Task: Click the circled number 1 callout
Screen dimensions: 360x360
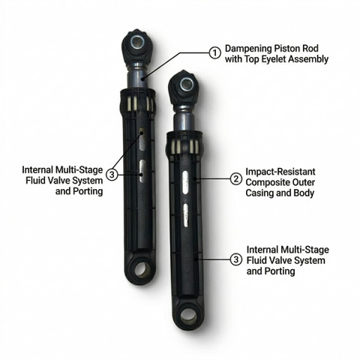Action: (214, 53)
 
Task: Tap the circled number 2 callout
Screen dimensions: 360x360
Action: (236, 179)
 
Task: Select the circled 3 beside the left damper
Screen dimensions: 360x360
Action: (112, 175)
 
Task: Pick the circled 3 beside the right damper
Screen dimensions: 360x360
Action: (236, 259)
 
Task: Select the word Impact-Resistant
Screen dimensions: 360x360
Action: (280, 172)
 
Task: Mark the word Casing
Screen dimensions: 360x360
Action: (258, 193)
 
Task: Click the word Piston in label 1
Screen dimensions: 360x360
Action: (287, 49)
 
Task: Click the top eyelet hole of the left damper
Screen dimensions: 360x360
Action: (136, 40)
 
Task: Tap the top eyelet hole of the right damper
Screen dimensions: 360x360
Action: (186, 83)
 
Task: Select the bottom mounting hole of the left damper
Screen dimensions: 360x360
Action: (141, 270)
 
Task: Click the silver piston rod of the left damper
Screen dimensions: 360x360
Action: (136, 76)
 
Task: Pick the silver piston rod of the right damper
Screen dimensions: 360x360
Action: (185, 119)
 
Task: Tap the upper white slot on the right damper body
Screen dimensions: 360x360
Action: (185, 182)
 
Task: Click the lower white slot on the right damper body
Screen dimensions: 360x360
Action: (185, 215)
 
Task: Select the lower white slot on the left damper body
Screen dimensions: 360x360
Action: (142, 171)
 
